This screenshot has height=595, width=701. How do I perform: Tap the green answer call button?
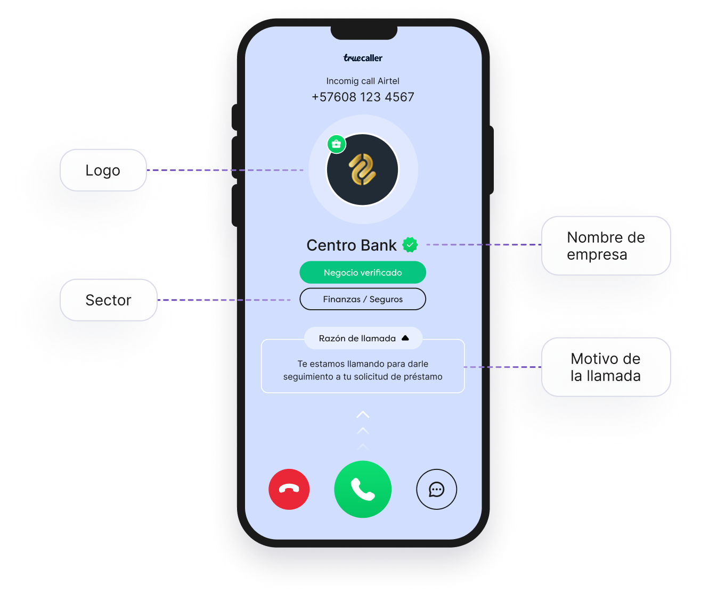(363, 489)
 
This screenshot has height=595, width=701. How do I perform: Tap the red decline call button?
(289, 489)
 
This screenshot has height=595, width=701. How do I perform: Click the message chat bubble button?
(436, 489)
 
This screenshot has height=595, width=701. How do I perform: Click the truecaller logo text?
(363, 58)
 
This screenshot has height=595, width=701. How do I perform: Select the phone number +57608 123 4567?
(363, 97)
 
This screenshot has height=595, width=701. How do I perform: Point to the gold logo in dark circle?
(363, 170)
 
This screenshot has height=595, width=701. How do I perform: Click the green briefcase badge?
(336, 144)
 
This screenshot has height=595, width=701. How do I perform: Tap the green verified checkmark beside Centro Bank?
(410, 245)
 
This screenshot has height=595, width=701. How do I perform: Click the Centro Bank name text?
(352, 245)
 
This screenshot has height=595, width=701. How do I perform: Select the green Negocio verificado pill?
(363, 272)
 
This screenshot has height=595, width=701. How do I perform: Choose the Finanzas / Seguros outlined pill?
(363, 299)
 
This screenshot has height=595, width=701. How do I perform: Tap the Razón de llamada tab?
(363, 338)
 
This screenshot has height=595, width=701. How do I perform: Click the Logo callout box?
(103, 170)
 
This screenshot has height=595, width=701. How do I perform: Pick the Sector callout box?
(108, 300)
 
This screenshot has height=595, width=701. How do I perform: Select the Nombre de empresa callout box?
(606, 246)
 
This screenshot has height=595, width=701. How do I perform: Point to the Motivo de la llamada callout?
(606, 367)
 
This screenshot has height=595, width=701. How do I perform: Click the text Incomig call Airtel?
(363, 81)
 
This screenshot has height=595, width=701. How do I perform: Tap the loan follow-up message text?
(363, 370)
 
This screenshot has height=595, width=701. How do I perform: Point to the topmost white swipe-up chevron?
(363, 415)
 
